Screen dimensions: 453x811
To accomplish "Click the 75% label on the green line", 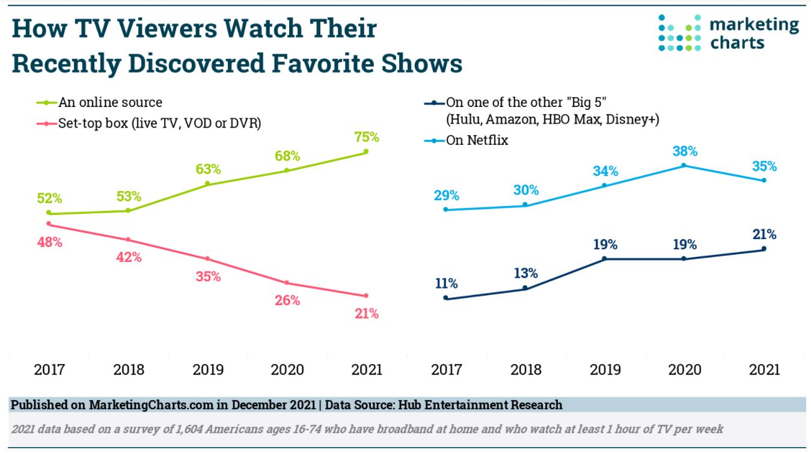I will coord(366,137).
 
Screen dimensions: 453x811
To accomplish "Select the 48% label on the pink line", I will coord(49,242).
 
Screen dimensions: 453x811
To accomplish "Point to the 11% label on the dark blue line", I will coord(445,283).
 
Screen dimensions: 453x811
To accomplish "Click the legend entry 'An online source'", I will coord(110,103).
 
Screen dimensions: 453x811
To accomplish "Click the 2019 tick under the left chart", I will coord(208,369).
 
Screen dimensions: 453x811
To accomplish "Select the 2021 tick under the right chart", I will coord(764,369).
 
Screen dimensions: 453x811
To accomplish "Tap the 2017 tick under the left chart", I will coord(49,369).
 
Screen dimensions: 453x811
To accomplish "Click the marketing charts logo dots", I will coord(679,33).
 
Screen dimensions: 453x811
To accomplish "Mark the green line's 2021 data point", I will coord(366,151).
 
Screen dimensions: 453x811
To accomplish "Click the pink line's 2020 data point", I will coord(287,282).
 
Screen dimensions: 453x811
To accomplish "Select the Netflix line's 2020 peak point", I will coord(684,165).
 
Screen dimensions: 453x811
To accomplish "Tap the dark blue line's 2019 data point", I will coord(604,259).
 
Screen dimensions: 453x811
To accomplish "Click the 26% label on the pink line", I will coord(287,300).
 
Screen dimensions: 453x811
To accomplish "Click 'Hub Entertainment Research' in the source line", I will coord(479,405).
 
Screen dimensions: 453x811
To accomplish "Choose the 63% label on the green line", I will coord(207,169).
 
